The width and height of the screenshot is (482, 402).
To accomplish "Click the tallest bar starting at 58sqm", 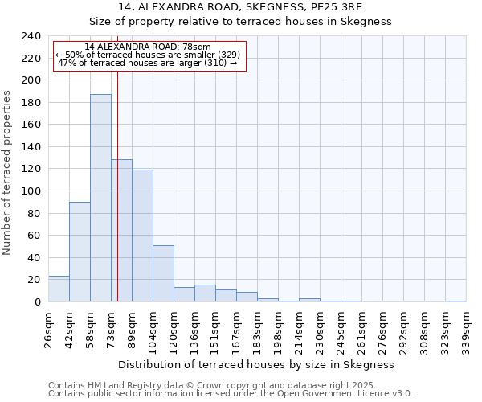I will pyautogui.click(x=100, y=198).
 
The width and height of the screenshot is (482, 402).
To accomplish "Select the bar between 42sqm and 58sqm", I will pyautogui.click(x=80, y=252).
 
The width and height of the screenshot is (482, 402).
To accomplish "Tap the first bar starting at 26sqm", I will pyautogui.click(x=59, y=289).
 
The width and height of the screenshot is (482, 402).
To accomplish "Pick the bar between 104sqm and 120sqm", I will pyautogui.click(x=163, y=273).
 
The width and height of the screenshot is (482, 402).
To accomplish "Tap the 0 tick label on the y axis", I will pyautogui.click(x=37, y=301).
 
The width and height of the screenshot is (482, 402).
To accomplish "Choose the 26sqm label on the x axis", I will pyautogui.click(x=48, y=330).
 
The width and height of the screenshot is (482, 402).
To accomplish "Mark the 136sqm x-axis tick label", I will pyautogui.click(x=194, y=330).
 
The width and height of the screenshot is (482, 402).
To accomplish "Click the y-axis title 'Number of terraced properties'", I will pyautogui.click(x=7, y=173).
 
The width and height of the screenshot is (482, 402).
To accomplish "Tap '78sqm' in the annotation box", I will pyautogui.click(x=194, y=47).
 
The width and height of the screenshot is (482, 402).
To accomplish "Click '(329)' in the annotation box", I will pyautogui.click(x=225, y=55).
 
